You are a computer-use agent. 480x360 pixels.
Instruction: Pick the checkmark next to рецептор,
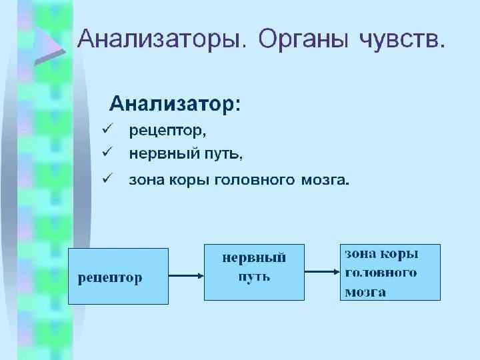pyautogui.click(x=105, y=128)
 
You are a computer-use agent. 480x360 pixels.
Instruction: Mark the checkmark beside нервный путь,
pyautogui.click(x=105, y=153)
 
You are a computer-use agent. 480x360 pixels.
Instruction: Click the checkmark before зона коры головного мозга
pyautogui.click(x=105, y=178)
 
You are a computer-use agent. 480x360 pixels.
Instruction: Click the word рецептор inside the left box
pyautogui.click(x=110, y=277)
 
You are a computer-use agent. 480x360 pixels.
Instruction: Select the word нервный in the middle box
pyautogui.click(x=254, y=257)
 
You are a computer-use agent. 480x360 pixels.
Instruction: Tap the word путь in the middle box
pyautogui.click(x=254, y=276)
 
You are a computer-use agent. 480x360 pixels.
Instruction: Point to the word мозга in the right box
pyautogui.click(x=365, y=291)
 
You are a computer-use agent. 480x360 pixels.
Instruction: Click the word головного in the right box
pyautogui.click(x=381, y=272)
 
